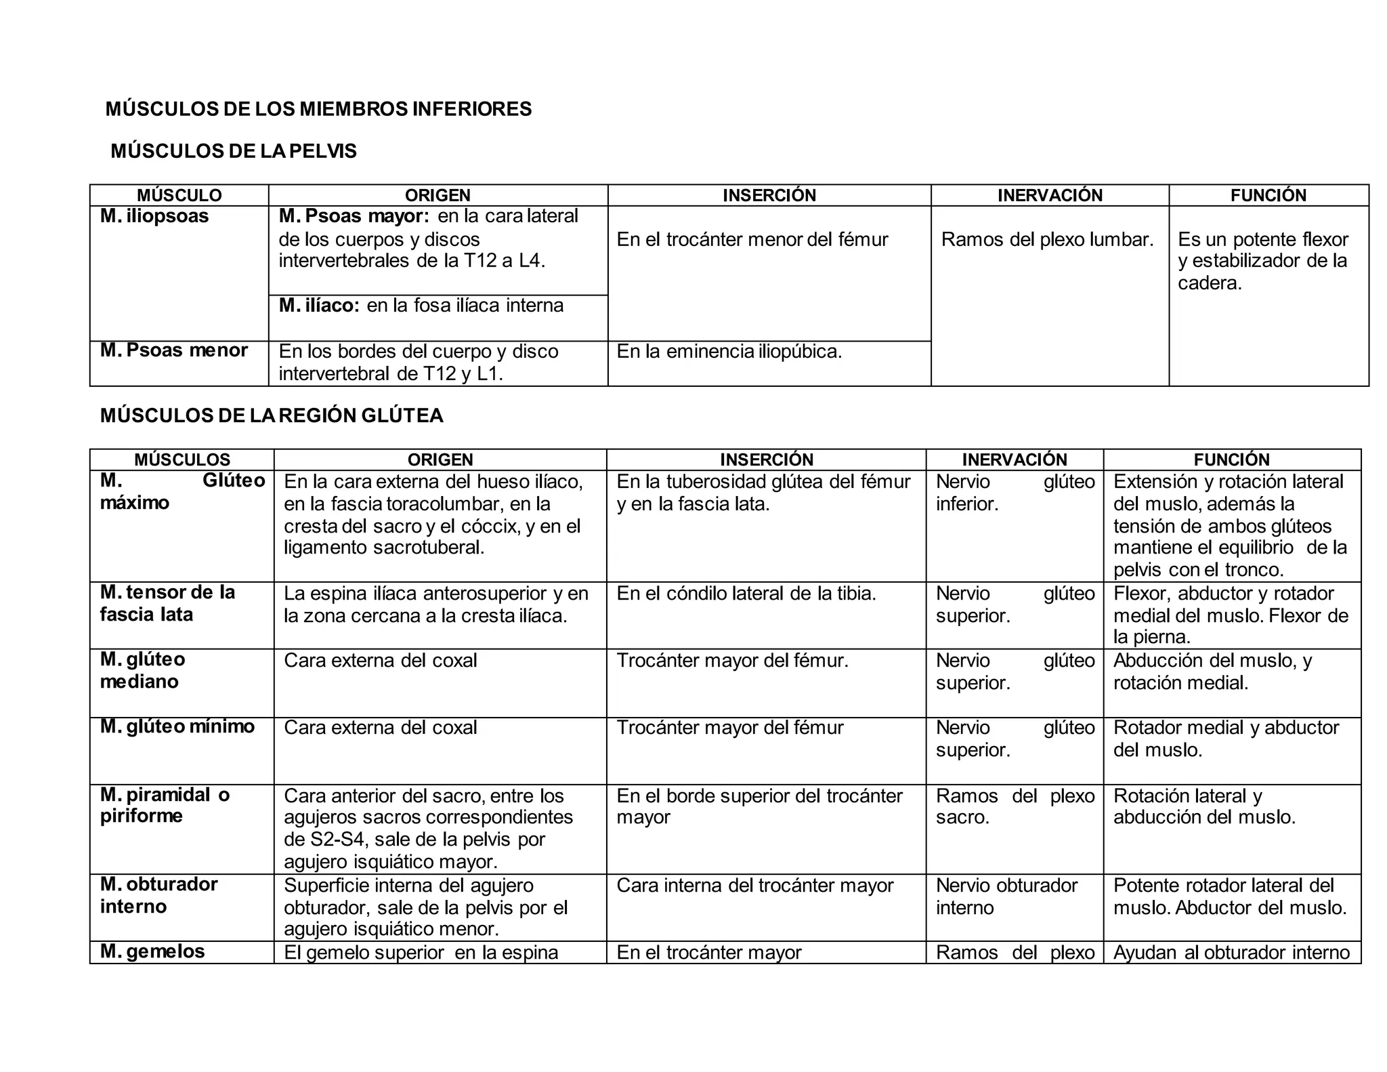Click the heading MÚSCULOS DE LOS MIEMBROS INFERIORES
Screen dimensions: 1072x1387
point(318,109)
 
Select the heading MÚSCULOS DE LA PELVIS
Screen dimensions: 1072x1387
point(234,151)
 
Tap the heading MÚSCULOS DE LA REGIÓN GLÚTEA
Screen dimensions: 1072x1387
point(272,415)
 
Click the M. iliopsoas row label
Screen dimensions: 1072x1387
point(154,216)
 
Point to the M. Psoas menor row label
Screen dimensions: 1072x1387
point(174,350)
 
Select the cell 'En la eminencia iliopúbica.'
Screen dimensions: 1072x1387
point(729,352)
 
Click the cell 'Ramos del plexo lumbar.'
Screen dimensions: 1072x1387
point(1047,239)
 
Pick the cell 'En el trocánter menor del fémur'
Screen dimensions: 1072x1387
point(752,239)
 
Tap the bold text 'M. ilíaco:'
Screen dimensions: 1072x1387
point(319,306)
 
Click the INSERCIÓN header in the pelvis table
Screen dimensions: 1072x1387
point(769,195)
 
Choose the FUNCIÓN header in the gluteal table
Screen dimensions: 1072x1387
point(1231,459)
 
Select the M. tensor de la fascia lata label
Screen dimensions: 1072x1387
point(167,603)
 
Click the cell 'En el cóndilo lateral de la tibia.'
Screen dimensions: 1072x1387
point(746,594)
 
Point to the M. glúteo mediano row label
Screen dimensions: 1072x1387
point(143,670)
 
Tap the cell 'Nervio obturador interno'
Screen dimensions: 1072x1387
point(1006,896)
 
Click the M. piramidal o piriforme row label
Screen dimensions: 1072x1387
point(165,805)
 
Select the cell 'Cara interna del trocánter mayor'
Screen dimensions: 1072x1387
point(754,886)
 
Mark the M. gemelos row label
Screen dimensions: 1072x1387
point(152,951)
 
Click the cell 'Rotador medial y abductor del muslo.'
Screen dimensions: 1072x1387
point(1226,739)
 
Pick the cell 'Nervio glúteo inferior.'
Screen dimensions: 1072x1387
point(1015,493)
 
